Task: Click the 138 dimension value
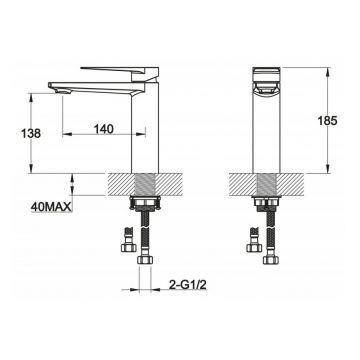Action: (x=31, y=133)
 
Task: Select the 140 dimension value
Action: (x=103, y=129)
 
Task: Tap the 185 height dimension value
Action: (x=327, y=121)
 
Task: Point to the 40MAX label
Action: (x=51, y=207)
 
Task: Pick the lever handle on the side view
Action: (x=120, y=71)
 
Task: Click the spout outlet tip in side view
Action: (x=59, y=89)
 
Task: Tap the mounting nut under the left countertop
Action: (x=145, y=203)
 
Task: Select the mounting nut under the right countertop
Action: (x=267, y=202)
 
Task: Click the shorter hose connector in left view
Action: (x=128, y=240)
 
